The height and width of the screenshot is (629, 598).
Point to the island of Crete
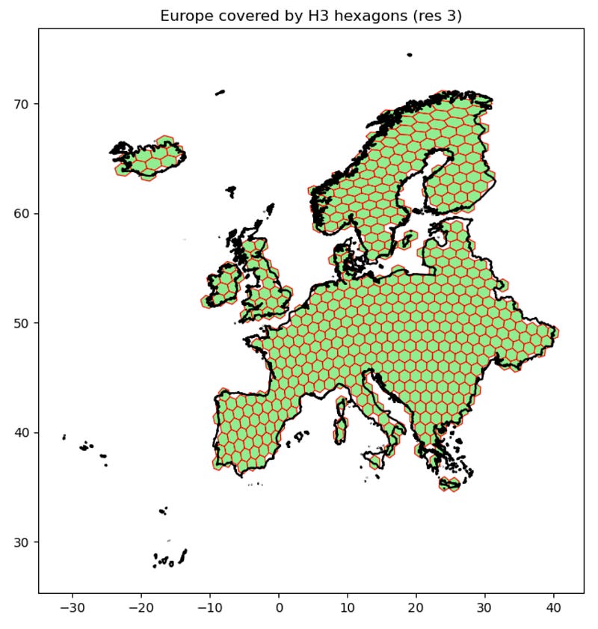[x=450, y=485]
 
